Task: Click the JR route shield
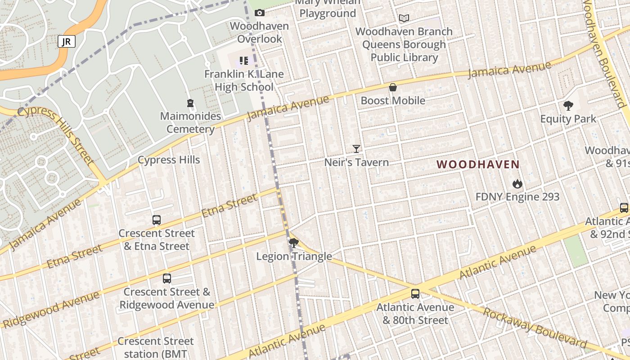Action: [66, 42]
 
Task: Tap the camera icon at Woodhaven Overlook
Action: [260, 13]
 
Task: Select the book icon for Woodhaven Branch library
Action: [404, 18]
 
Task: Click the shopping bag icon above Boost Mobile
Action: [393, 87]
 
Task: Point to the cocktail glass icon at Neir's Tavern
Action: [356, 149]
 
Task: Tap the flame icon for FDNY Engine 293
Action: [517, 184]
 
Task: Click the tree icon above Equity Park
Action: [568, 106]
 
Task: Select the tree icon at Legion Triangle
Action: [294, 243]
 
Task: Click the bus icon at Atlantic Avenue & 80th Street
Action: [415, 294]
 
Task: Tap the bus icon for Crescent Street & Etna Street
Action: [157, 220]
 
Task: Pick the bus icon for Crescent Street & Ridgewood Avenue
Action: [167, 279]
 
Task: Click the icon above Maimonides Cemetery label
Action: [190, 103]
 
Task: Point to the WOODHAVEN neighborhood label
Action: [478, 165]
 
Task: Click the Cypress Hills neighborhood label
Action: [169, 160]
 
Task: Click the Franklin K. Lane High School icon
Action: [244, 60]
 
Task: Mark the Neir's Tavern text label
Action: [356, 162]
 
